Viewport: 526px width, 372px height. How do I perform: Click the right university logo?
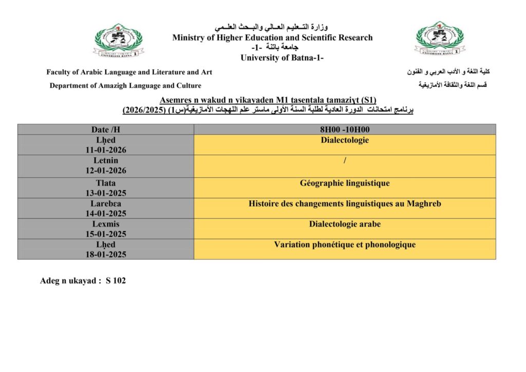(x=440, y=39)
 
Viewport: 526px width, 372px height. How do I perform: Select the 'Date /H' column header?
(x=106, y=130)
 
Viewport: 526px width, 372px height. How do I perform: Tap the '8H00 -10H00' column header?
(x=345, y=130)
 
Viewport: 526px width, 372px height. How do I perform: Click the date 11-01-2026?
(x=106, y=150)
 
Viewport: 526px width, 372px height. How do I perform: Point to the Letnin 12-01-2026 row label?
(x=106, y=165)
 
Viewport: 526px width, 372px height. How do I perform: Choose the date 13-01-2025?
(x=106, y=193)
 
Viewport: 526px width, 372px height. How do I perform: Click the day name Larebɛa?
(x=106, y=203)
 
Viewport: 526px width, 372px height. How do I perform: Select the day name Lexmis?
(x=106, y=224)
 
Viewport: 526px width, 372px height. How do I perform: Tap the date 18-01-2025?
(x=106, y=254)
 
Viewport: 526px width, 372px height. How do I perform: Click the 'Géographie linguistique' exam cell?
(x=345, y=183)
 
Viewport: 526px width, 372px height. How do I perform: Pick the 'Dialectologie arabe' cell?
(x=345, y=225)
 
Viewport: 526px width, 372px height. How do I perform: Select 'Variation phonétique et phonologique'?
(x=345, y=245)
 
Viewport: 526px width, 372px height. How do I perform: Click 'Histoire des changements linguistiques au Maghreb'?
(x=345, y=204)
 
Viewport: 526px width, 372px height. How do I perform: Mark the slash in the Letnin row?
(x=345, y=161)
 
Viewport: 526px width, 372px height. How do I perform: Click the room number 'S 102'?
(x=116, y=281)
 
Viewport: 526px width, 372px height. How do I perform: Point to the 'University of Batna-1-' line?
(x=282, y=58)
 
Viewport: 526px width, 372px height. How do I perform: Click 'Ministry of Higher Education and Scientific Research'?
(x=272, y=38)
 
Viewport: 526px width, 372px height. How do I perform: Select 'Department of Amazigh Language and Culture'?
(x=125, y=86)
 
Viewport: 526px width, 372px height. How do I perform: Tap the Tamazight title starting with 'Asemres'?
(x=268, y=100)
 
